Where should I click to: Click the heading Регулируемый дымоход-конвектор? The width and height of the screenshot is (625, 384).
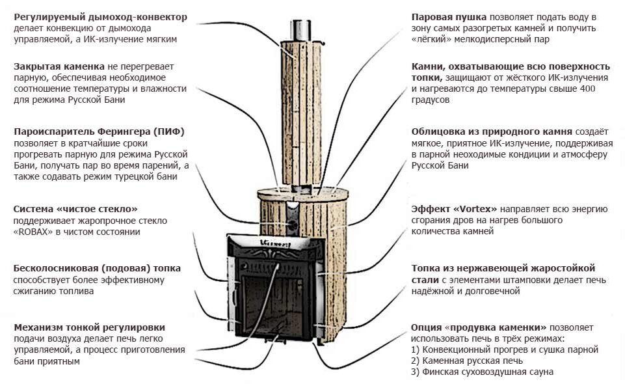100,17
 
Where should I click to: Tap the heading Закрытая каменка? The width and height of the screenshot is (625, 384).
59,66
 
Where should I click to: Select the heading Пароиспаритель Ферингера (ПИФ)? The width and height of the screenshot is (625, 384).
100,131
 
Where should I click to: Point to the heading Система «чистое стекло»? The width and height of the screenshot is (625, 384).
75,209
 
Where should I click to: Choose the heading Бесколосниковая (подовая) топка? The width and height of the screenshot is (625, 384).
97,268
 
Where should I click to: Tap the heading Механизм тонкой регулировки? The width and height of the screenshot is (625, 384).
89,327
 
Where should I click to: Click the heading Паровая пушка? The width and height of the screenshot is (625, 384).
449,17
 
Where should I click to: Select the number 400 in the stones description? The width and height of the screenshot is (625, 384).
587,88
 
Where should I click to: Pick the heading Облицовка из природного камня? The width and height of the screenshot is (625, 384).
492,131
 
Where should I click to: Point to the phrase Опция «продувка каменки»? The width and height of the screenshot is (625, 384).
479,327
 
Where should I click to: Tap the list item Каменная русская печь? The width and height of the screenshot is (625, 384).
472,361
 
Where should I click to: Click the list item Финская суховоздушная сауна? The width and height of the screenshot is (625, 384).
488,372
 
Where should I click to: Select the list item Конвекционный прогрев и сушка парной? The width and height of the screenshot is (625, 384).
510,350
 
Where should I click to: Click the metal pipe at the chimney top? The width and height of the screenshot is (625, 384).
301,30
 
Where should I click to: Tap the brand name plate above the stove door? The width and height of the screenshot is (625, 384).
276,243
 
